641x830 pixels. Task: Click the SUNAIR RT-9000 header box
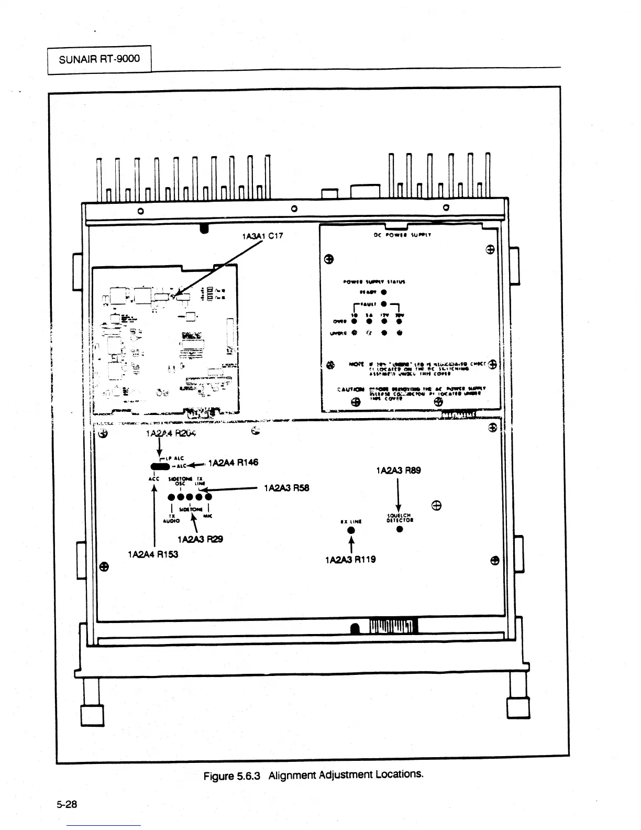(100, 59)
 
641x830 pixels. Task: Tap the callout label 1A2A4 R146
(233, 463)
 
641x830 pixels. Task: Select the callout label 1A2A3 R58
(286, 488)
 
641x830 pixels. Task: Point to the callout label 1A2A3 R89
(398, 471)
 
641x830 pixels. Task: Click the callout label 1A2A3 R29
(200, 539)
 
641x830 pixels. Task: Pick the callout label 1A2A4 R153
(153, 554)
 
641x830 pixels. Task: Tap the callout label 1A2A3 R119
(350, 560)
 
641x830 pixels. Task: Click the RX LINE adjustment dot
(351, 530)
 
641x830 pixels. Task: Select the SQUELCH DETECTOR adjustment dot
(400, 529)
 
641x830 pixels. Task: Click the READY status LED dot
(384, 292)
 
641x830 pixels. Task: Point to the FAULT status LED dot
(384, 303)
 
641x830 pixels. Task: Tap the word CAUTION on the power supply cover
(351, 389)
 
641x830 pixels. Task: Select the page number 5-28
(67, 804)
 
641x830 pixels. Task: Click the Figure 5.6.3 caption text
(313, 775)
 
